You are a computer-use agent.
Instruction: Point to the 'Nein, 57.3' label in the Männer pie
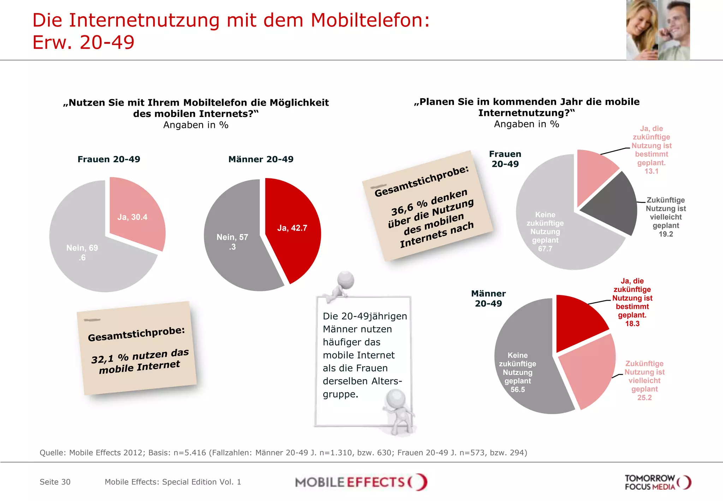click(x=232, y=242)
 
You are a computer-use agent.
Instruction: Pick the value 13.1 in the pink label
click(x=651, y=171)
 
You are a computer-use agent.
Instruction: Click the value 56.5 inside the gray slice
click(x=518, y=389)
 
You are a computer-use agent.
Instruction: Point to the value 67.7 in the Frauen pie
click(x=545, y=249)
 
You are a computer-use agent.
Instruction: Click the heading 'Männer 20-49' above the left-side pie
click(x=261, y=159)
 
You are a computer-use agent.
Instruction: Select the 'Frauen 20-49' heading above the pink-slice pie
click(x=109, y=159)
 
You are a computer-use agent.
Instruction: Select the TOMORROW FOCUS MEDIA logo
click(x=657, y=482)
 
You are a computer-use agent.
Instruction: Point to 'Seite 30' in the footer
click(x=55, y=482)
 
